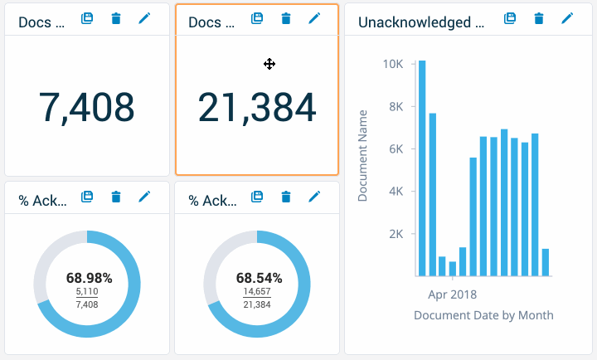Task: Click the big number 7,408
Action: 86,107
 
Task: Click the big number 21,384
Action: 256,107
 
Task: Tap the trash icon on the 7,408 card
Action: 115,18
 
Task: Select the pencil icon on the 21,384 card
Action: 313,18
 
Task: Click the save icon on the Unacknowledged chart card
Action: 511,18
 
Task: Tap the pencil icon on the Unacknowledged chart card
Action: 567,18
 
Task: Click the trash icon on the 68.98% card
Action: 115,197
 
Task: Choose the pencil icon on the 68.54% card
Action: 313,197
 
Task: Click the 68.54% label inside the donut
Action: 259,277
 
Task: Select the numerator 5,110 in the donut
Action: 86,292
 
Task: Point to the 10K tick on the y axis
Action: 392,64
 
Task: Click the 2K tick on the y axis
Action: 393,234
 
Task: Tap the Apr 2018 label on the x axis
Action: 452,294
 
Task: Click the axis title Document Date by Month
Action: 483,315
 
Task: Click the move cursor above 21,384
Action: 269,64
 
